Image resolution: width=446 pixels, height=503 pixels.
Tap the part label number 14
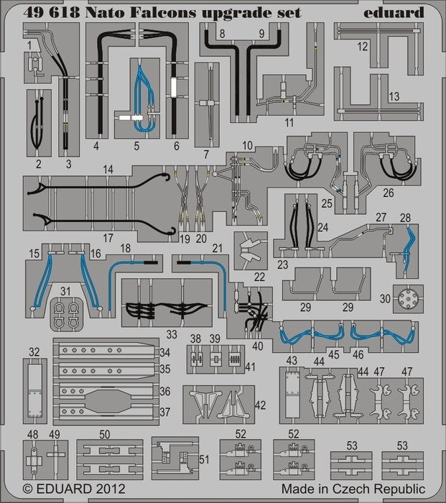[108, 170]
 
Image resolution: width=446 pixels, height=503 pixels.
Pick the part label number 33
[170, 334]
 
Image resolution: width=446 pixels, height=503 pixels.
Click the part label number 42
[262, 404]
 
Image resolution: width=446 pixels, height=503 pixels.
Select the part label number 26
[389, 192]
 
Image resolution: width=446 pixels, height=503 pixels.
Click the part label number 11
[289, 123]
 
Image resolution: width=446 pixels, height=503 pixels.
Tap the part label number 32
[34, 351]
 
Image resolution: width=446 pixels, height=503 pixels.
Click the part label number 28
[405, 218]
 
